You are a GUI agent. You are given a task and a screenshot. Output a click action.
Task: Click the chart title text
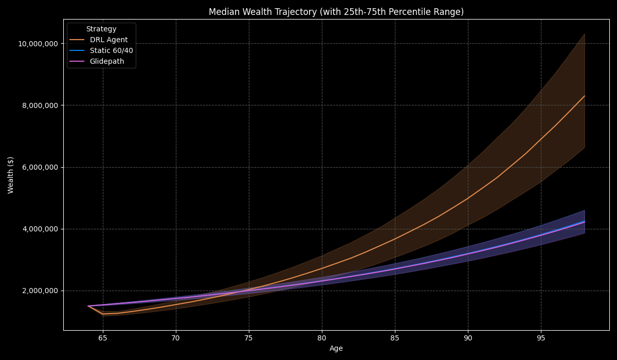[336, 12]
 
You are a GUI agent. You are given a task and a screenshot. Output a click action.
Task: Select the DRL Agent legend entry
[108, 40]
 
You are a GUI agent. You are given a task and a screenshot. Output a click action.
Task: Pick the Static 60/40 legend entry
[111, 50]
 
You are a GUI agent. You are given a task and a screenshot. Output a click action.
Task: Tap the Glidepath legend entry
[108, 61]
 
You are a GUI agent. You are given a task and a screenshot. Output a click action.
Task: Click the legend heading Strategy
[101, 29]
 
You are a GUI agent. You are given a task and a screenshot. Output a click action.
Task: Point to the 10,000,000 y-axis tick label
[38, 44]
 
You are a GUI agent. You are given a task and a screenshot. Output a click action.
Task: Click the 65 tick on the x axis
[103, 338]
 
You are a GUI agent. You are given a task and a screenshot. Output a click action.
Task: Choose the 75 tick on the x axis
[249, 338]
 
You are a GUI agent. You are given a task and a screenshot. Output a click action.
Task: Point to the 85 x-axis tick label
[395, 338]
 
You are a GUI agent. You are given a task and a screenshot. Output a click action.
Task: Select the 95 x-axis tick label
[540, 338]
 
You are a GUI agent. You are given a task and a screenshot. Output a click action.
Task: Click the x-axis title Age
[336, 349]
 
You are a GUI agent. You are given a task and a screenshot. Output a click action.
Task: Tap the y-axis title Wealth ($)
[11, 175]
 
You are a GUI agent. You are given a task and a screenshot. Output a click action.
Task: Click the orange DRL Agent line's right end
[585, 96]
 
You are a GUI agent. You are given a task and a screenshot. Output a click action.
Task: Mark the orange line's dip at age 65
[103, 314]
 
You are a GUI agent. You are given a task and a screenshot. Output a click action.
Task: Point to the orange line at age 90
[467, 198]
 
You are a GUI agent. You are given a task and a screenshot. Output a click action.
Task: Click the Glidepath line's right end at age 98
[585, 222]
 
